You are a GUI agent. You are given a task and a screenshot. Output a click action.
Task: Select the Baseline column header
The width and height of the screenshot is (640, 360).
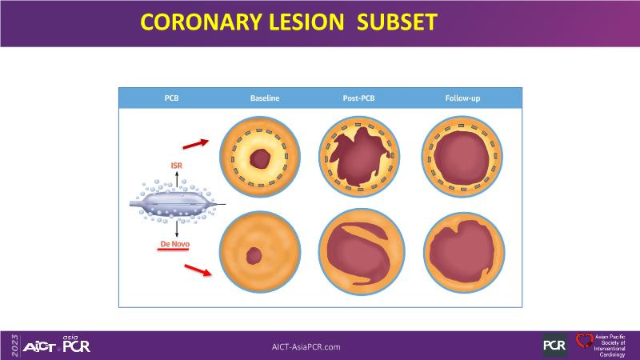[264, 98]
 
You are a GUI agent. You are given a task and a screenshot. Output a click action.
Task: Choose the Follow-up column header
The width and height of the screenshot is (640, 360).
[462, 98]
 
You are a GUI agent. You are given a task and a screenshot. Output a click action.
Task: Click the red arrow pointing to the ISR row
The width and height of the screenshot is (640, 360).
[193, 145]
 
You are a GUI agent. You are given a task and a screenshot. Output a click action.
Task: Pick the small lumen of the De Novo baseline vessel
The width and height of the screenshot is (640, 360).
[254, 257]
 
